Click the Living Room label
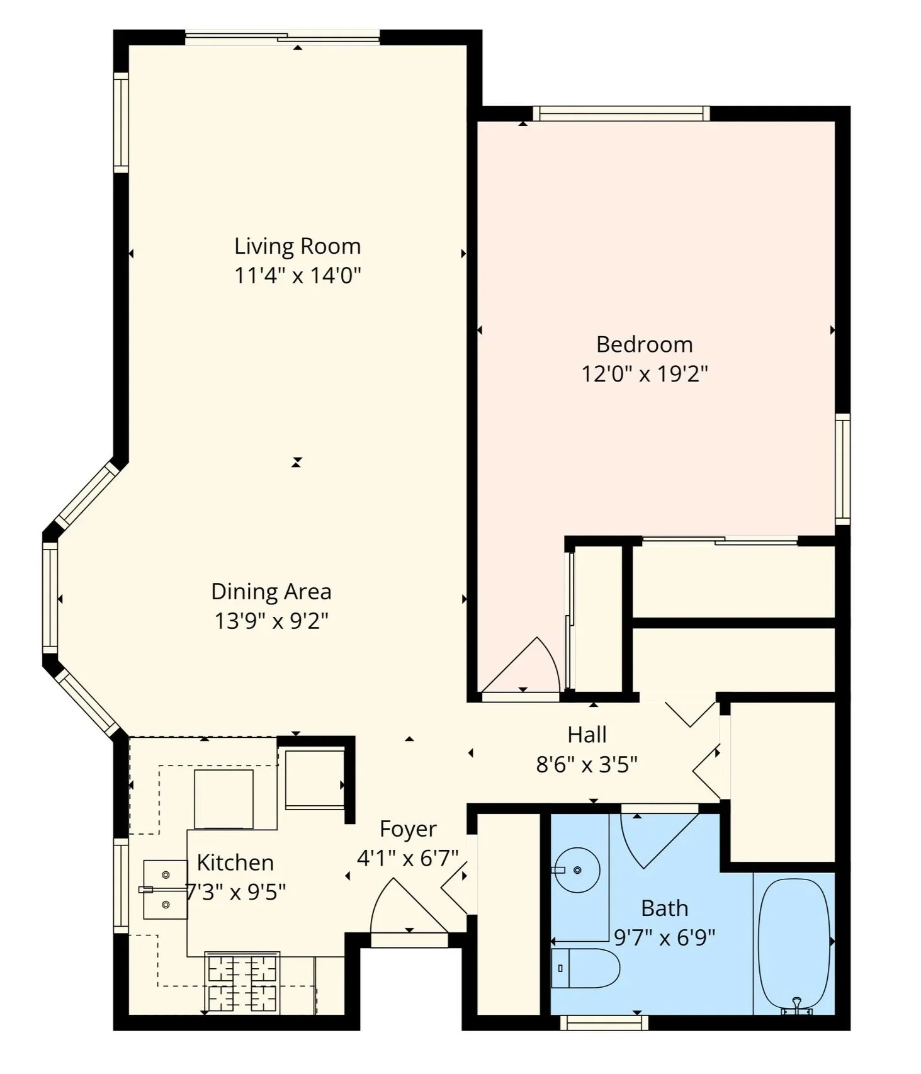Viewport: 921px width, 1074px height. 297,246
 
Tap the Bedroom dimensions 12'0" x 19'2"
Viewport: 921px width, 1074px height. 644,374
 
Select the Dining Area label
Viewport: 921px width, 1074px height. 271,592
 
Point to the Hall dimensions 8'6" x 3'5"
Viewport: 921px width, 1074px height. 586,765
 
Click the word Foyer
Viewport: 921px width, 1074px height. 408,829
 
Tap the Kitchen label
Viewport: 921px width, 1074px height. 235,862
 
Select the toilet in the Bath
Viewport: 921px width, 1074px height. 585,968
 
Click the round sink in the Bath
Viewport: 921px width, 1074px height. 576,870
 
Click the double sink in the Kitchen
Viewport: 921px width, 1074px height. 165,890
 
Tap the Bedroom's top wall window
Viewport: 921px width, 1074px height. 621,114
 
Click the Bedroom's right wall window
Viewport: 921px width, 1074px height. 842,469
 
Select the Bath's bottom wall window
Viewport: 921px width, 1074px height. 604,1023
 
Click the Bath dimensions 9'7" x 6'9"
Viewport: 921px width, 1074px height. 664,938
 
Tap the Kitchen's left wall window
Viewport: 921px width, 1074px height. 121,885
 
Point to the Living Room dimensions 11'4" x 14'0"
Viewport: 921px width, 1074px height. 297,276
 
